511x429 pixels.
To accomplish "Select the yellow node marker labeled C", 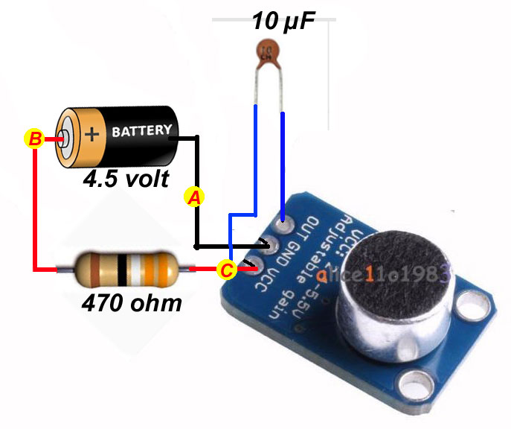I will (x=227, y=270).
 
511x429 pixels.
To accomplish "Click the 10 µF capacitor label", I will (x=283, y=19).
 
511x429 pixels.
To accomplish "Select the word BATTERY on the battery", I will (x=141, y=131).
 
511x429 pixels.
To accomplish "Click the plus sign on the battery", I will (x=91, y=134).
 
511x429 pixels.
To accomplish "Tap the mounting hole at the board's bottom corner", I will (x=411, y=383).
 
